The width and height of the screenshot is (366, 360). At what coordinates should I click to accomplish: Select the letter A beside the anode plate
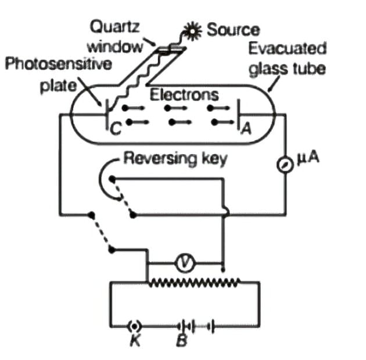click(x=246, y=131)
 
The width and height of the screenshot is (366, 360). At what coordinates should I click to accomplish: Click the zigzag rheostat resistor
click(x=195, y=283)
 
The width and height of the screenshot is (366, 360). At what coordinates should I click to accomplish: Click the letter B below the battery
click(x=181, y=341)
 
